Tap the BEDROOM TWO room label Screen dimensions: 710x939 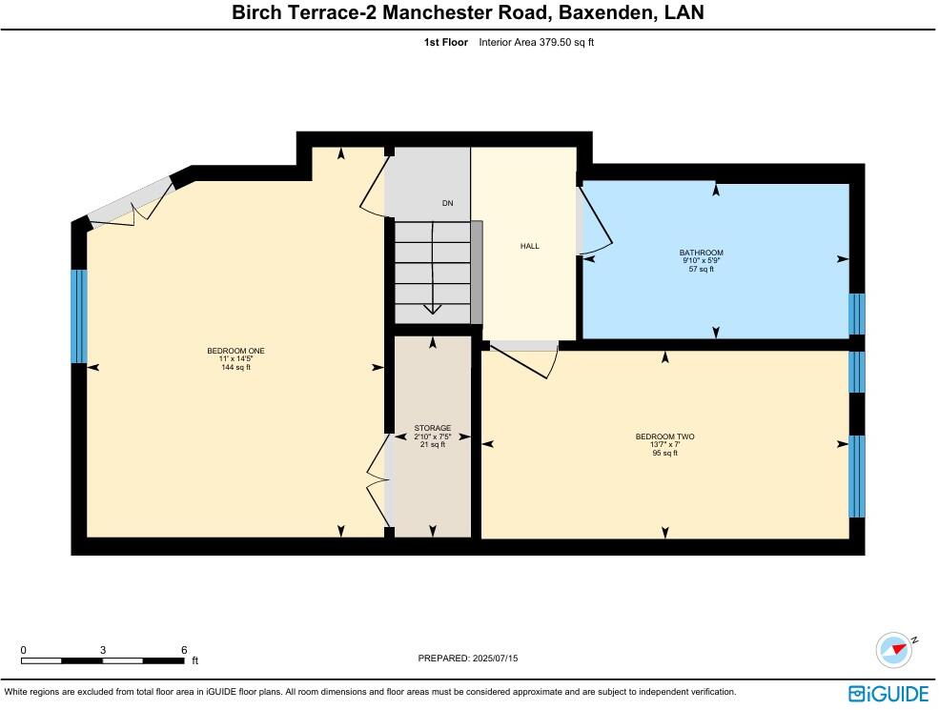click(664, 436)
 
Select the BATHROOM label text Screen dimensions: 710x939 click(701, 253)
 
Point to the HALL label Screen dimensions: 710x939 click(529, 246)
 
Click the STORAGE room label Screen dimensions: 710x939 click(432, 429)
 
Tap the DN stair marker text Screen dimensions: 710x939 click(447, 203)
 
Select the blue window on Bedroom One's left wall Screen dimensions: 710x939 click(79, 316)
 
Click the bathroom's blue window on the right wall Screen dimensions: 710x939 click(857, 314)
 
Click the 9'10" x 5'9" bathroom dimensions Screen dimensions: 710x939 click(701, 261)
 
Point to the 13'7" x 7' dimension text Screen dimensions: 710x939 click(664, 445)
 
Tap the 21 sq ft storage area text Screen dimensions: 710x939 click(432, 445)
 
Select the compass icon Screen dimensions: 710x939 click(893, 650)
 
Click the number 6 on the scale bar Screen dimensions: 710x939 click(184, 650)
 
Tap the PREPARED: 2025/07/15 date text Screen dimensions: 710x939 click(468, 659)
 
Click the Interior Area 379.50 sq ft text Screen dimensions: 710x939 click(536, 42)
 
